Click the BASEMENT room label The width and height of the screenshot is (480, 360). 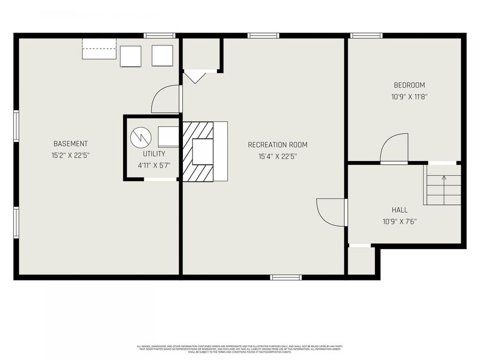point(70,144)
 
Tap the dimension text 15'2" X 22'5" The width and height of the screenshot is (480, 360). point(70,156)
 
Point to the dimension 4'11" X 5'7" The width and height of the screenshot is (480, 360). point(154,165)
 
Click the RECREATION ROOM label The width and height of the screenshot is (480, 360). point(277,145)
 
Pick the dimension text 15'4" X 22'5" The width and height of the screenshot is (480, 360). point(277,156)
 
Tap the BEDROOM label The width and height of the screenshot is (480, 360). point(409,85)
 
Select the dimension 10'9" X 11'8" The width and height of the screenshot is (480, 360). point(409,97)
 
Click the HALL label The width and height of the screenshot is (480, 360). point(399,210)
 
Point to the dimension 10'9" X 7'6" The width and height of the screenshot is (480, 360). point(399,221)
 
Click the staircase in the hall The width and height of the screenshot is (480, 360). point(443,185)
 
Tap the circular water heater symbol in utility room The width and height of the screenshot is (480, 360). point(141,138)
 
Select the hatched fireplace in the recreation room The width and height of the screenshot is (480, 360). point(197,151)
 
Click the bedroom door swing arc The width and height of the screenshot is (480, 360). point(395,148)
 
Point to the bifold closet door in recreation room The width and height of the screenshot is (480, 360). point(195,77)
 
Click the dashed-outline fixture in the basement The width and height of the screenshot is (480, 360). point(99,49)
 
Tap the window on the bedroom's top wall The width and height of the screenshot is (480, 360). point(366,36)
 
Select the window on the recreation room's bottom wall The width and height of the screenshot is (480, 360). point(286,277)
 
